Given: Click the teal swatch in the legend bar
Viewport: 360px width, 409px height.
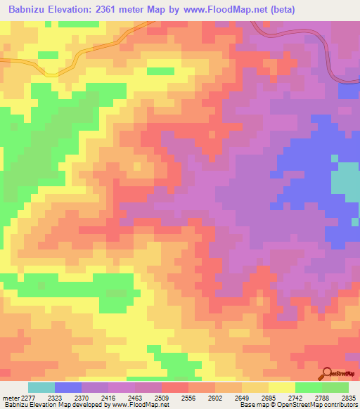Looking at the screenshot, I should (41, 387).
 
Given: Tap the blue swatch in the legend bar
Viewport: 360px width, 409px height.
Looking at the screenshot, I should (68, 387).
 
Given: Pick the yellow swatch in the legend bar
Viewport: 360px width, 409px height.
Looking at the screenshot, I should (282, 387).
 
